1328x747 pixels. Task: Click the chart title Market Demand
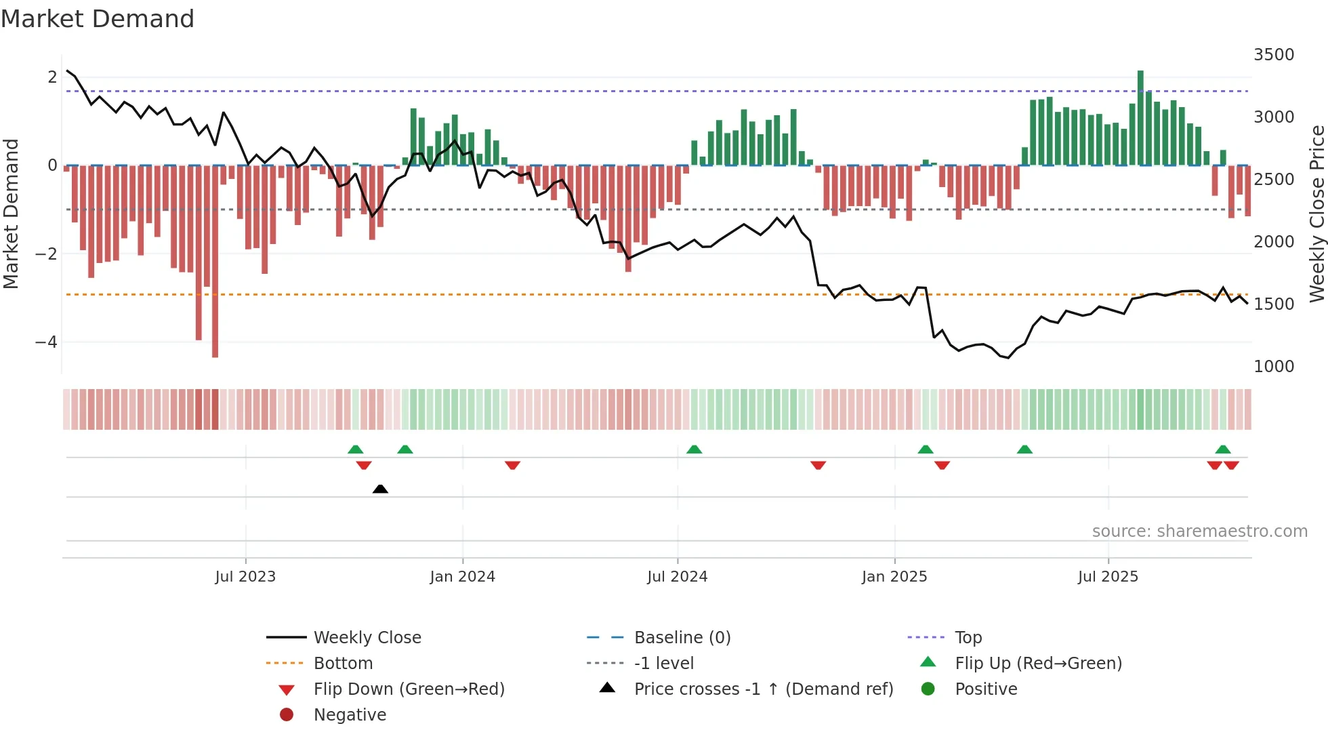coord(98,19)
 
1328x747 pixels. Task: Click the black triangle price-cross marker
coord(380,489)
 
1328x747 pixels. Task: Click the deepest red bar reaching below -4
coord(215,261)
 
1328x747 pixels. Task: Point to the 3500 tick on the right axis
coord(1273,55)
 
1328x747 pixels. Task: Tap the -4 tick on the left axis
coord(47,342)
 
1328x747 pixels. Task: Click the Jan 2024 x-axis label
coord(462,577)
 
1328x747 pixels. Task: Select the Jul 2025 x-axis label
coord(1108,577)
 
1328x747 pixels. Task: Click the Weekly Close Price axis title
coord(1316,214)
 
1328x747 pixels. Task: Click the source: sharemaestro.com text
coord(1199,531)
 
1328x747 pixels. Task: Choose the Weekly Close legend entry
coord(367,638)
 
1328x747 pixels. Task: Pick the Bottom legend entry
coord(343,664)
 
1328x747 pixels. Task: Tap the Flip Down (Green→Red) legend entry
coord(409,689)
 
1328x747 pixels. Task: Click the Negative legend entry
coord(350,715)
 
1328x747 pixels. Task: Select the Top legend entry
coord(968,638)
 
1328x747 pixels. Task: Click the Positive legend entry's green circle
coord(928,689)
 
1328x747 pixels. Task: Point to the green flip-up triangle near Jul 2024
coord(694,449)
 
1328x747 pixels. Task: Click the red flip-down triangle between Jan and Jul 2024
coord(512,465)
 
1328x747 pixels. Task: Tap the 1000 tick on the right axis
coord(1273,367)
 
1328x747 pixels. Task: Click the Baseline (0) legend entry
coord(682,638)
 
